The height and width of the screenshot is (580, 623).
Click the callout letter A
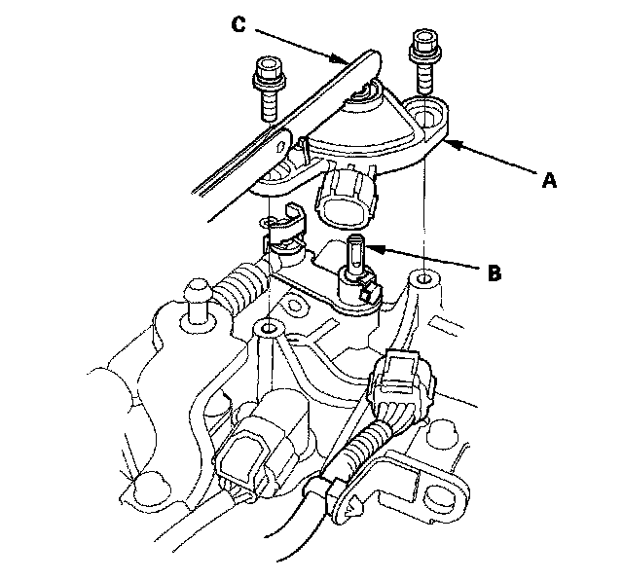(x=549, y=180)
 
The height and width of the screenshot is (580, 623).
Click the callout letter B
(x=494, y=273)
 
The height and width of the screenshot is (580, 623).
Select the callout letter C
(x=238, y=24)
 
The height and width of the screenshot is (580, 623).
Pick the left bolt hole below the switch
(x=269, y=328)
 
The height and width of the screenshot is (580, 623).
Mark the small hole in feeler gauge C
(x=281, y=145)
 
